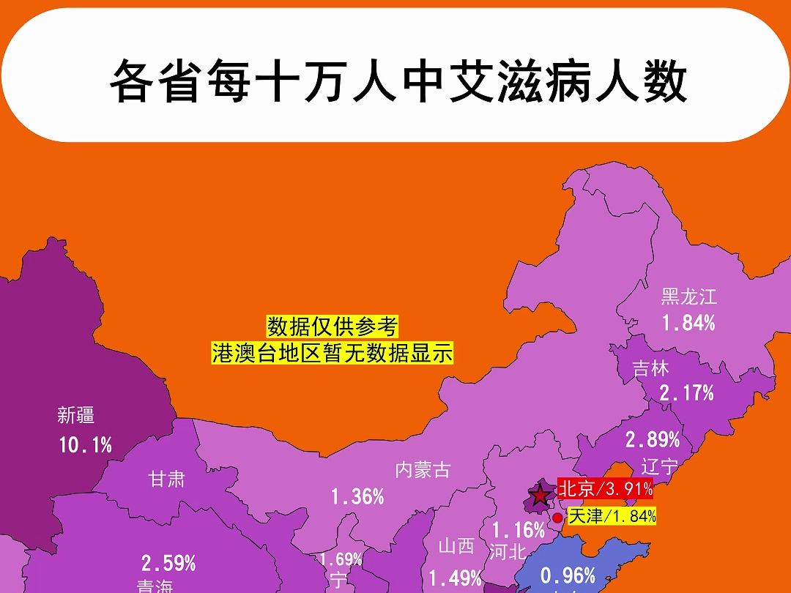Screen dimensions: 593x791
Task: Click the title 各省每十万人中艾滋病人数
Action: pos(398,82)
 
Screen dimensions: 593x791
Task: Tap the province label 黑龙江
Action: pos(688,297)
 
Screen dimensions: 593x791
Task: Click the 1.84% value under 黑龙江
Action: pos(688,323)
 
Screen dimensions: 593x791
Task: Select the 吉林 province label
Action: pos(651,368)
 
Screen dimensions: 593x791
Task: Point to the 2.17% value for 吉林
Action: pos(686,393)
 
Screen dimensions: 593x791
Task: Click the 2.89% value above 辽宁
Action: pos(652,440)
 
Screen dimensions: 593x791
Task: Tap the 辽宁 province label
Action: pos(660,466)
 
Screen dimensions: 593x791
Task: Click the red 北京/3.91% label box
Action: pos(605,488)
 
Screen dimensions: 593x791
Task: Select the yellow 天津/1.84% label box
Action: pos(612,516)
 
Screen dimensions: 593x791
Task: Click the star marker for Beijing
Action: pos(541,496)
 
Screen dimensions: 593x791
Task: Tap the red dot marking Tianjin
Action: pos(557,517)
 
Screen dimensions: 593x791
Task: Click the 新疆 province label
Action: pos(76,416)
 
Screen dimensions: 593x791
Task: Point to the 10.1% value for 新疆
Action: pos(85,444)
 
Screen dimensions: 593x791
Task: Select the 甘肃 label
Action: pos(167,480)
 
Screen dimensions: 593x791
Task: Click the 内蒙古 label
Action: pos(423,470)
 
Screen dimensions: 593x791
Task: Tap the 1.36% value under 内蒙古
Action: pos(357,497)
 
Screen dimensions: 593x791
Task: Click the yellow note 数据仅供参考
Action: pos(332,325)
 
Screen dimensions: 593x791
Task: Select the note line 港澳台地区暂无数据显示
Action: pos(332,354)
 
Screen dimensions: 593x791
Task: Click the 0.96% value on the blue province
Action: pos(568,576)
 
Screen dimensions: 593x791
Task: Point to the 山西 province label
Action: pos(457,546)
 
